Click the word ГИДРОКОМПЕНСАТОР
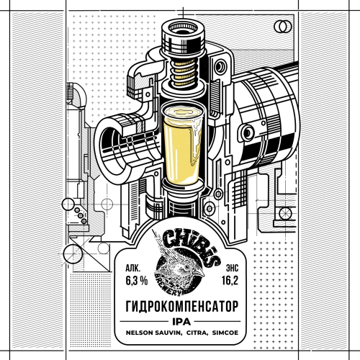click(x=182, y=306)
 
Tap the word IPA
click(x=181, y=322)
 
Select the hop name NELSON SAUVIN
click(x=153, y=333)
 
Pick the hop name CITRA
click(x=196, y=333)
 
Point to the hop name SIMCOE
click(x=225, y=333)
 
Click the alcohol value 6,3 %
click(x=136, y=281)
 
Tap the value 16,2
click(x=230, y=280)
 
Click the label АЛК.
click(x=132, y=268)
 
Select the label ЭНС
click(x=232, y=268)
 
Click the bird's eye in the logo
click(x=186, y=267)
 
